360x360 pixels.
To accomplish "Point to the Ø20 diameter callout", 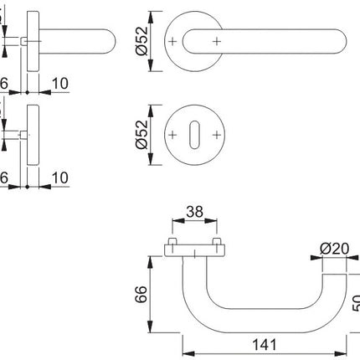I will pyautogui.click(x=333, y=248).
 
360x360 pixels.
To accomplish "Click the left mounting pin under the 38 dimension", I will pyautogui.click(x=172, y=244).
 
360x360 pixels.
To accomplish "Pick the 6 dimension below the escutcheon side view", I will pyautogui.click(x=4, y=178).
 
